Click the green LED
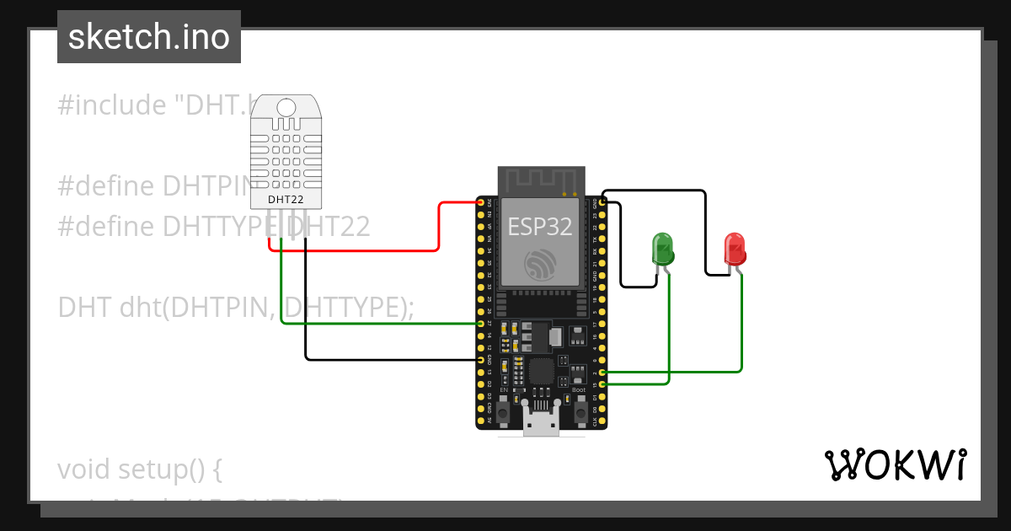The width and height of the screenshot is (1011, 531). [663, 249]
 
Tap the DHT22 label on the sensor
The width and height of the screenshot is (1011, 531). [286, 200]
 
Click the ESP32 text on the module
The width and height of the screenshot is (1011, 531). [539, 226]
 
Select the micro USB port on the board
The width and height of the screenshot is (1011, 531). [540, 418]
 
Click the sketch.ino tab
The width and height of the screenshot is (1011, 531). [149, 37]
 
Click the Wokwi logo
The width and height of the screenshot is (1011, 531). [895, 464]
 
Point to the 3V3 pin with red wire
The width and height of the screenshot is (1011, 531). [481, 202]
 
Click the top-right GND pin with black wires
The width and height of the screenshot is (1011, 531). [603, 202]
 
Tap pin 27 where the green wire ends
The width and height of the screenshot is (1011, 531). [481, 323]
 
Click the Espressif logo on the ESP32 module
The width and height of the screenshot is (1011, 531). [539, 264]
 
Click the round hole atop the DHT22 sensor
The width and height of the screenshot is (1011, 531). [286, 107]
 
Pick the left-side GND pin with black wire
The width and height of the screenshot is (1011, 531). [481, 359]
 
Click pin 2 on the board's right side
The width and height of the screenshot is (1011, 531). [603, 372]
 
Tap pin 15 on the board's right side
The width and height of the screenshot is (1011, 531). [603, 383]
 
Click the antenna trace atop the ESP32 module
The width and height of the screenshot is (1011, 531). [540, 180]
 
